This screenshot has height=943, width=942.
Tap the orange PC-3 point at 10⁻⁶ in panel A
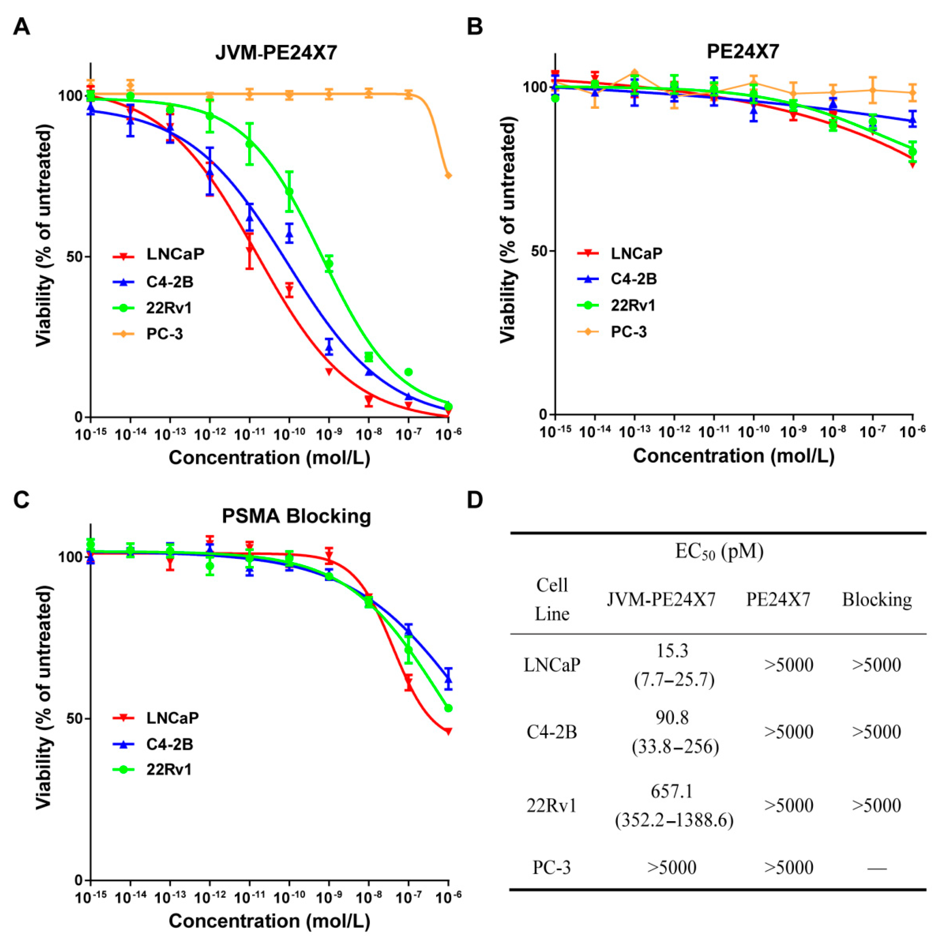(448, 175)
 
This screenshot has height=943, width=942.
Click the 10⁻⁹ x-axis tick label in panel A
(329, 433)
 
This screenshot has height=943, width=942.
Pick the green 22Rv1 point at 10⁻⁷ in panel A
(409, 372)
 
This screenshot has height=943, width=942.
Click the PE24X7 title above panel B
(743, 51)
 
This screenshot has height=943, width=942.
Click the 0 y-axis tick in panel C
(79, 880)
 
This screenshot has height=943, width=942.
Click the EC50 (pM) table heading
(719, 552)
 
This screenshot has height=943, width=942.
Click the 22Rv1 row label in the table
(552, 805)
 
